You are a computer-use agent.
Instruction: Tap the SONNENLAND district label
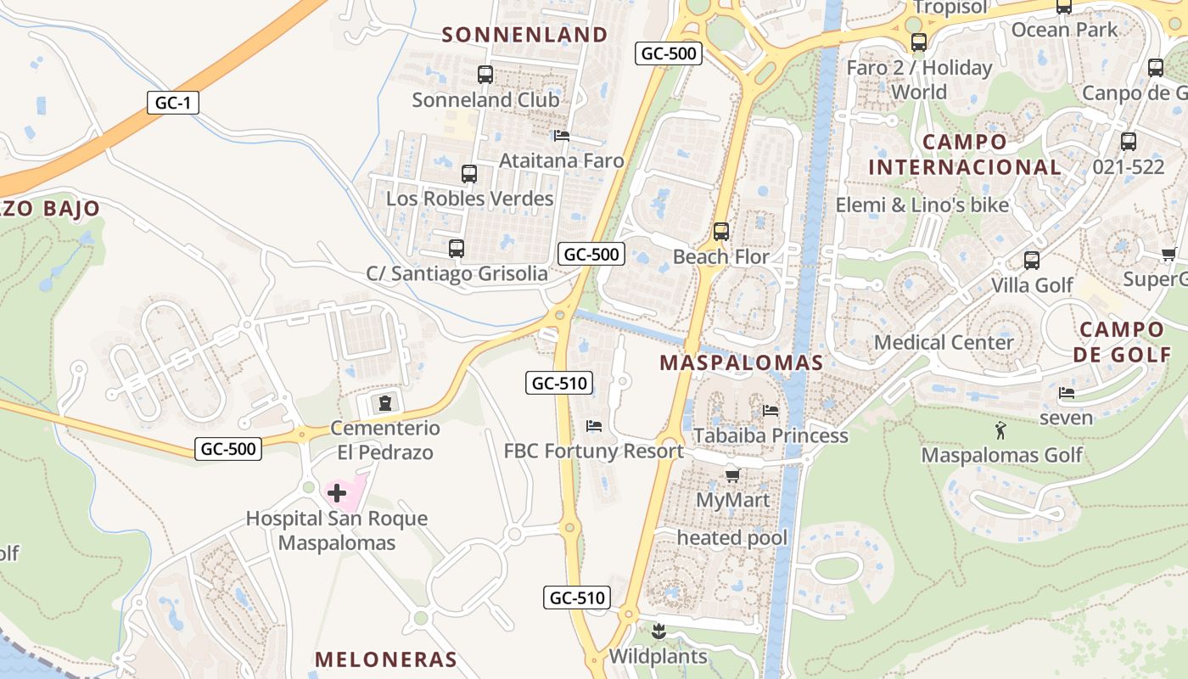pyautogui.click(x=525, y=35)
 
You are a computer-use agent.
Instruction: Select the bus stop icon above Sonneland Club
pyautogui.click(x=485, y=75)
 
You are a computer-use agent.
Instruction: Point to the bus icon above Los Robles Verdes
pyautogui.click(x=469, y=174)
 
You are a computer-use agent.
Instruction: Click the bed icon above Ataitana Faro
pyautogui.click(x=561, y=136)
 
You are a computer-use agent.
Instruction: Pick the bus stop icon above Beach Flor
pyautogui.click(x=721, y=232)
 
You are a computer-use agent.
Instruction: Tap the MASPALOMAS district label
pyautogui.click(x=741, y=363)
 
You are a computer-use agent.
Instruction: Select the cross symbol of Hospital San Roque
pyautogui.click(x=337, y=493)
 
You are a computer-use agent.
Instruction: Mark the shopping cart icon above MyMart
pyautogui.click(x=732, y=475)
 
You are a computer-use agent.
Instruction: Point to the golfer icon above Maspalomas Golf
pyautogui.click(x=1001, y=430)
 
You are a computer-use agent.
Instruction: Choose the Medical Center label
pyautogui.click(x=944, y=343)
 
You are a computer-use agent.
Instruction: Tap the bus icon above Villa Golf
pyautogui.click(x=1032, y=261)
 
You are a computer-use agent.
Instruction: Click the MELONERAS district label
pyautogui.click(x=386, y=659)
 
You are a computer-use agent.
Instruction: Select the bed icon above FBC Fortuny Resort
pyautogui.click(x=594, y=426)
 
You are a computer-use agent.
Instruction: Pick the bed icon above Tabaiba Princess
pyautogui.click(x=771, y=411)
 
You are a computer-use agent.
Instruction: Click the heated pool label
pyautogui.click(x=732, y=538)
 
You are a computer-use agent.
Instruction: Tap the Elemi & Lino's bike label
pyautogui.click(x=922, y=205)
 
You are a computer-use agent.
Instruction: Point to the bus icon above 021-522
pyautogui.click(x=1129, y=142)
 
